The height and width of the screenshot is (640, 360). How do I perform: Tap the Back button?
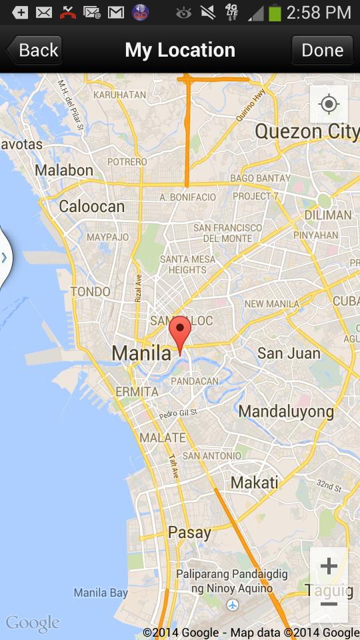pos(35,50)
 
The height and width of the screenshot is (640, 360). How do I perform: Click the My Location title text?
pos(180,50)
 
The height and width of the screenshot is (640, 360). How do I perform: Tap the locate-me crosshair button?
pos(329,105)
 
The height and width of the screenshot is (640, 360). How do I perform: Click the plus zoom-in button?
pos(329,567)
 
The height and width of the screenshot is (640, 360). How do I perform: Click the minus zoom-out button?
pos(329,604)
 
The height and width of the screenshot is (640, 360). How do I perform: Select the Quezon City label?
pos(307,131)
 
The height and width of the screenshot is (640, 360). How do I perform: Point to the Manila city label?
pos(141,353)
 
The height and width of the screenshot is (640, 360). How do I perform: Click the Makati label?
pos(254,482)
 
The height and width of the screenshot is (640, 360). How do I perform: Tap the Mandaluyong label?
pos(286,411)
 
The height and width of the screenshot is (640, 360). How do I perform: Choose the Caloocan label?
pos(91,206)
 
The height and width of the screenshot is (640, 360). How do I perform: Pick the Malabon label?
pos(64,170)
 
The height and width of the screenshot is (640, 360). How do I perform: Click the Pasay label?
pos(189,532)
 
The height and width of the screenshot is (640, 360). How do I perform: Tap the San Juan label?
pos(289,353)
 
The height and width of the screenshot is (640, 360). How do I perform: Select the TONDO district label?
pos(91,291)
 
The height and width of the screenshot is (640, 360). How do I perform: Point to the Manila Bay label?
pos(101,593)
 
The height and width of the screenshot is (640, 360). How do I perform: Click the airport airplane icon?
pos(233,605)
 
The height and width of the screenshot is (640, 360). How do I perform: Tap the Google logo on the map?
pos(32,624)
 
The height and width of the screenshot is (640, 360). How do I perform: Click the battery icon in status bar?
pos(275,12)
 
